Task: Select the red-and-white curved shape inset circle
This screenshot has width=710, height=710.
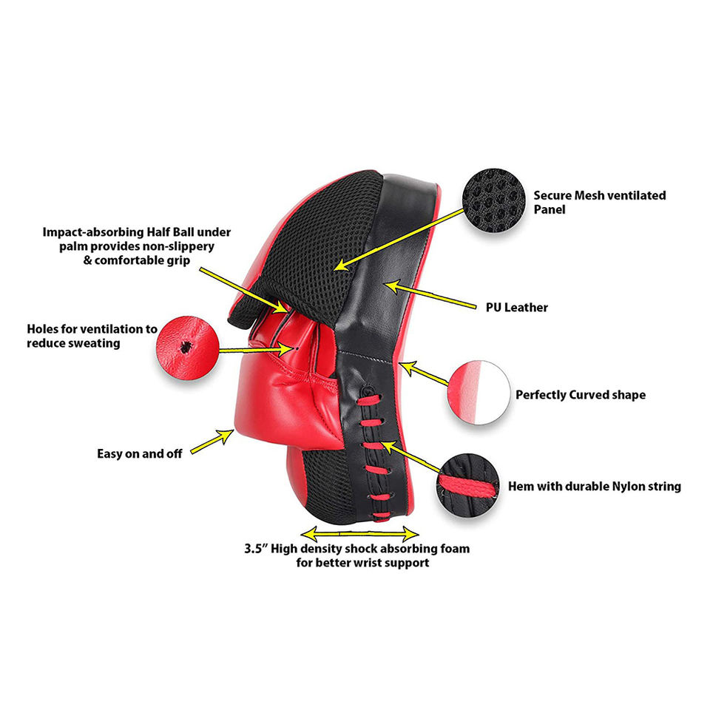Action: coord(477,392)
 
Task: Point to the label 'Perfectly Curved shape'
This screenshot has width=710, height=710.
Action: coord(580,395)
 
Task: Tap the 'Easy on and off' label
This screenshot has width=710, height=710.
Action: coord(140,453)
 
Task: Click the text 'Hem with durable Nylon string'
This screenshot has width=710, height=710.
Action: coord(594,487)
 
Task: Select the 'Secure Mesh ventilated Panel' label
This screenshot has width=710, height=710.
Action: coord(599,203)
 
